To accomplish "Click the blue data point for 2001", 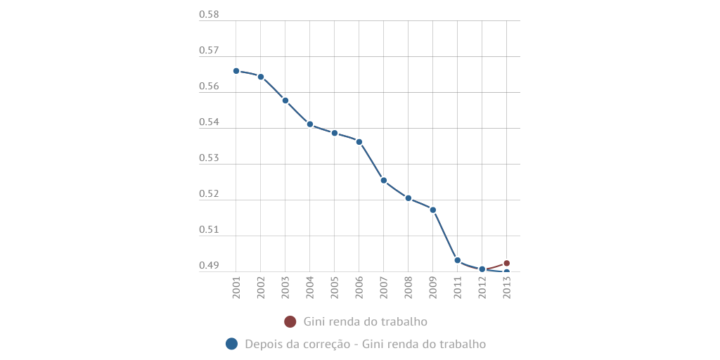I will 236,71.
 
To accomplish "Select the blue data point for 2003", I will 285,101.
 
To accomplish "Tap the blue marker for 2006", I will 359,142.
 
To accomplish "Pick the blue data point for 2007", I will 384,181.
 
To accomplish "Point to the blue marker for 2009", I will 433,210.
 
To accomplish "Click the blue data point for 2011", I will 458,260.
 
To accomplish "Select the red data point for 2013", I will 506,263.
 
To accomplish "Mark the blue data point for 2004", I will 310,124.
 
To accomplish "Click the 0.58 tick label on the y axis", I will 209,15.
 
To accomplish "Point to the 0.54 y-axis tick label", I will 209,122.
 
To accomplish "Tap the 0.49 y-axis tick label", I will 209,266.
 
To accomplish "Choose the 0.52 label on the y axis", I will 209,194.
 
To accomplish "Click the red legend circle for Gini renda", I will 290,321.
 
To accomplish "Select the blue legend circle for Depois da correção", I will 231,344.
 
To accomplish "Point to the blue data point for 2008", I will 409,198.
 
